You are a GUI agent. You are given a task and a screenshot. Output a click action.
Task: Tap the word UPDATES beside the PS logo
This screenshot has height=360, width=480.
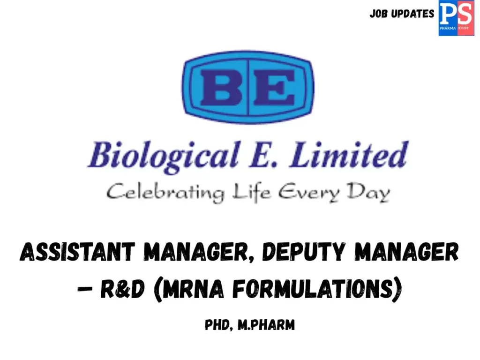[x=413, y=14]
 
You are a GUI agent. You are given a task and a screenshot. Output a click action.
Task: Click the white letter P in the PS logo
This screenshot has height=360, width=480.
[x=448, y=14]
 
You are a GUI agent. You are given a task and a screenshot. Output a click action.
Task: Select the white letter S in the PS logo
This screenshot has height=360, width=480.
[x=464, y=14]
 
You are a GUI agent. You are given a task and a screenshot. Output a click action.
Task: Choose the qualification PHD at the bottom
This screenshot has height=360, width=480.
[x=218, y=325]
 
